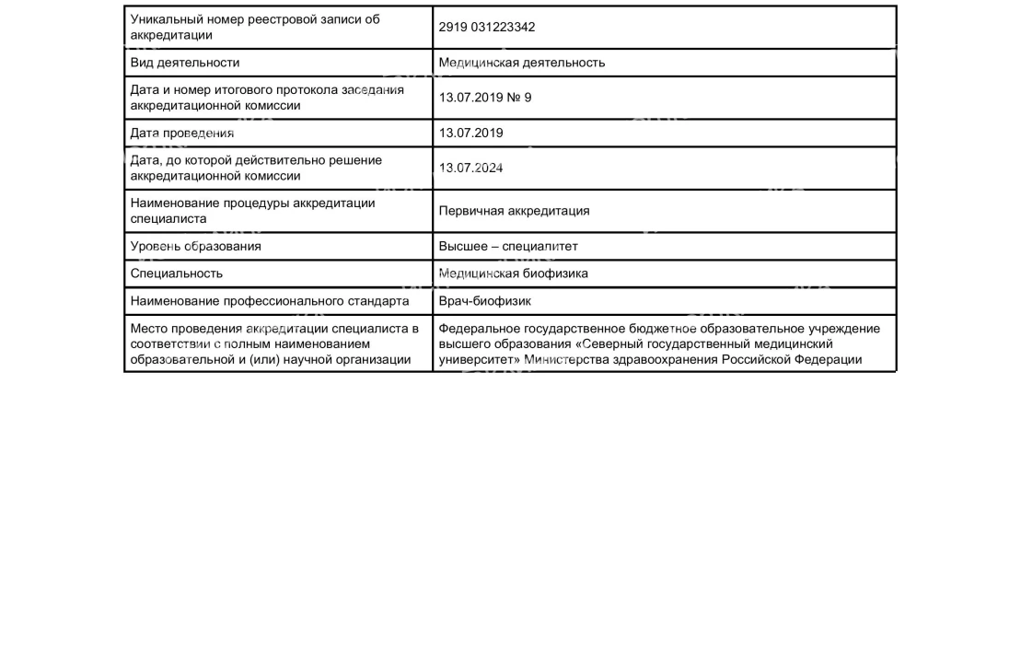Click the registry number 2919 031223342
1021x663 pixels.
[x=486, y=28]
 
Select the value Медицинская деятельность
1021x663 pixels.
[x=522, y=63]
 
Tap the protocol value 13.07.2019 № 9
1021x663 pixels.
[x=484, y=98]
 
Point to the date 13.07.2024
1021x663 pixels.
[x=470, y=168]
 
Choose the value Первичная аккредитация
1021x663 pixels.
[x=514, y=211]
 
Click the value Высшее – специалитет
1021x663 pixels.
[x=508, y=246]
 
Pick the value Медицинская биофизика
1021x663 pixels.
[x=513, y=273]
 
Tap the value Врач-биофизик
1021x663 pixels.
[x=484, y=301]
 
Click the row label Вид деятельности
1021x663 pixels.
[x=184, y=63]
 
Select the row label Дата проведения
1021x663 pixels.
[x=182, y=133]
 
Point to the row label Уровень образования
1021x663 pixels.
[x=195, y=246]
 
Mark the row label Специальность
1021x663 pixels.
[x=176, y=273]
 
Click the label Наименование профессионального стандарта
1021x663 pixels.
[x=269, y=301]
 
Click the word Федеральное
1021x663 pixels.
[x=478, y=329]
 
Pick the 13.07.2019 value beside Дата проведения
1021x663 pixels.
[x=470, y=133]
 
